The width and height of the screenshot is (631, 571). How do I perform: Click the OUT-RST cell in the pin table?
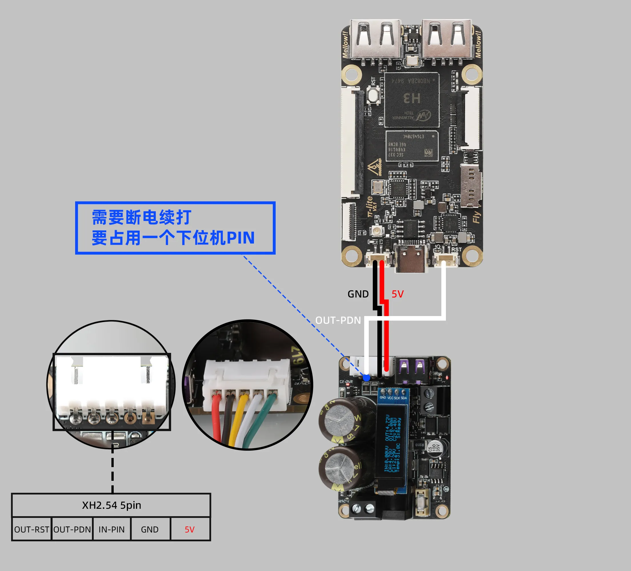coord(32,529)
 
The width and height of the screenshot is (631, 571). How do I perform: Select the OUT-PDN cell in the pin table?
coord(72,529)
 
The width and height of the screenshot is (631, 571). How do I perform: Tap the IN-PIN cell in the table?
coord(112,529)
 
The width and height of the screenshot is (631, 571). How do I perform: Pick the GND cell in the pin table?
coord(150,529)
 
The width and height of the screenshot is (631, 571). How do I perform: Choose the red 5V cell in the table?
coord(190,529)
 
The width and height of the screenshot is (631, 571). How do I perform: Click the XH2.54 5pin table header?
coord(111,505)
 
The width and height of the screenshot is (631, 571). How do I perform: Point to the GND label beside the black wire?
coord(358,294)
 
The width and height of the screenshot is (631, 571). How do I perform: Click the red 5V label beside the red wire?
coord(398,294)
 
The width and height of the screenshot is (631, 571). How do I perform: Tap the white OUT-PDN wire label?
coord(338,320)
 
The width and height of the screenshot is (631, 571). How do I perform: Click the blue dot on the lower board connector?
coord(366,378)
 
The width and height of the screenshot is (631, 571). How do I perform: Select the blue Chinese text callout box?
coord(175,228)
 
